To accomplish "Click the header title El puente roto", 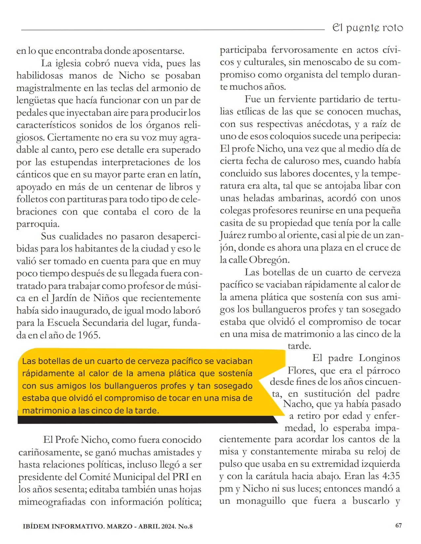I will (x=368, y=28).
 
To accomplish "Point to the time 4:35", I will (x=389, y=476).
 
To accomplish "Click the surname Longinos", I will (x=379, y=358).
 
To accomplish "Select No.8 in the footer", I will (x=185, y=526).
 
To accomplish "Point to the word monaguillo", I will (x=261, y=501).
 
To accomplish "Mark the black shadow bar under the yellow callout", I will (x=145, y=419).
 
